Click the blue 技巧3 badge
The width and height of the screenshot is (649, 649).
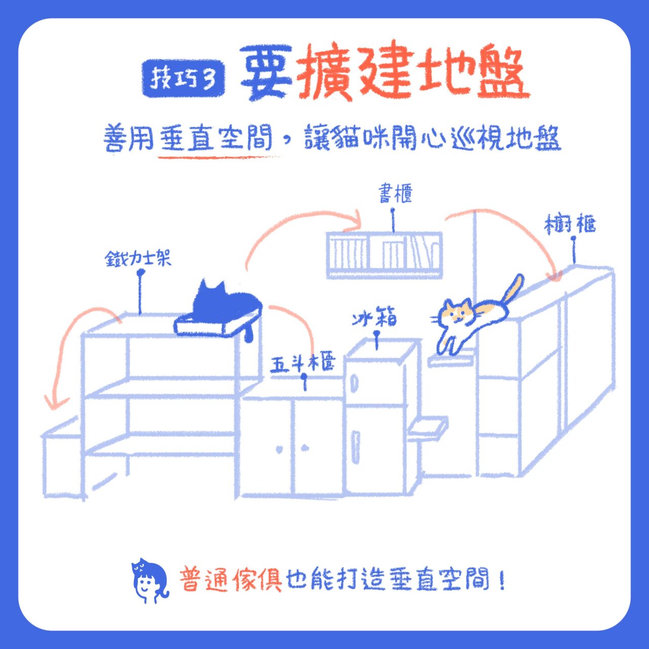pos(184,79)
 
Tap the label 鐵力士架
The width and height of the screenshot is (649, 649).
pos(138,259)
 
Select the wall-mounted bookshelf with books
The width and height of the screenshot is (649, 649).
pos(384,255)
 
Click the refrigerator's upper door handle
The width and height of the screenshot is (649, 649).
pos(354,383)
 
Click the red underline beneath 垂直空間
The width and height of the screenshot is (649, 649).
pos(221,157)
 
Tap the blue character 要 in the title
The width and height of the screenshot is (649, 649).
pos(266,74)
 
